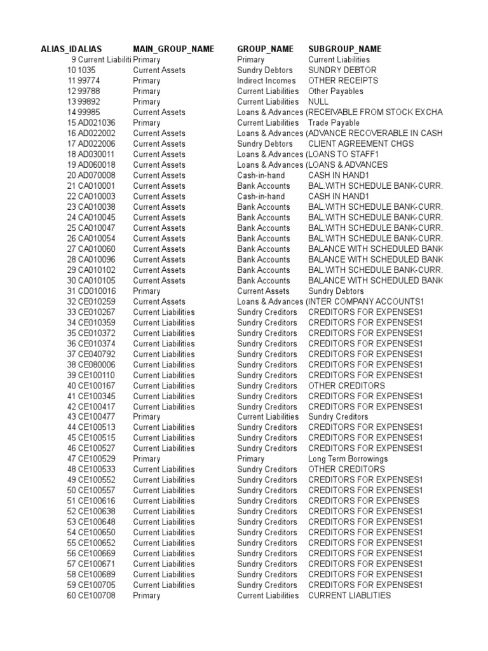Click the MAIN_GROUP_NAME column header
(x=173, y=49)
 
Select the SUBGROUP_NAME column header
(x=345, y=49)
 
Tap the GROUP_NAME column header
(x=265, y=49)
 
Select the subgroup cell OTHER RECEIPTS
(x=343, y=81)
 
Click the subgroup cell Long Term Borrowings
(x=348, y=459)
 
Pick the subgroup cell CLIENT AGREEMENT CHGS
(x=361, y=144)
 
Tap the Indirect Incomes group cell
(x=266, y=81)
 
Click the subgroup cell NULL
(x=318, y=102)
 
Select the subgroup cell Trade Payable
(x=334, y=123)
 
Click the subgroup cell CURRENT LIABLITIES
(x=349, y=596)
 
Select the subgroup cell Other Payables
(x=336, y=92)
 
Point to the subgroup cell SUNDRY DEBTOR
(x=342, y=70)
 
